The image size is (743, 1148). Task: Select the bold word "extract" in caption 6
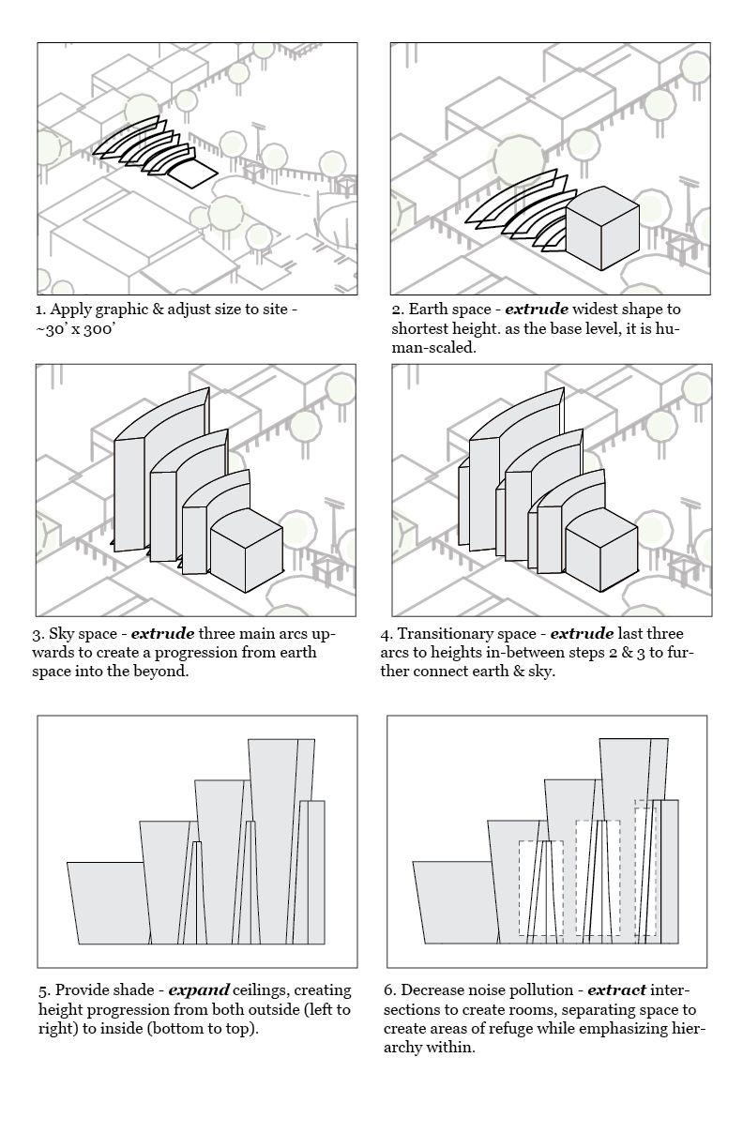616,989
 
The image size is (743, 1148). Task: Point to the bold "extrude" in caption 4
582,633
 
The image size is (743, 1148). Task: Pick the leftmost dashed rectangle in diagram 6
540,887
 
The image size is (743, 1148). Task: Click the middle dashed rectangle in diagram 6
598,877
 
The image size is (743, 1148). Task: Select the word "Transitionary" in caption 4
441,633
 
